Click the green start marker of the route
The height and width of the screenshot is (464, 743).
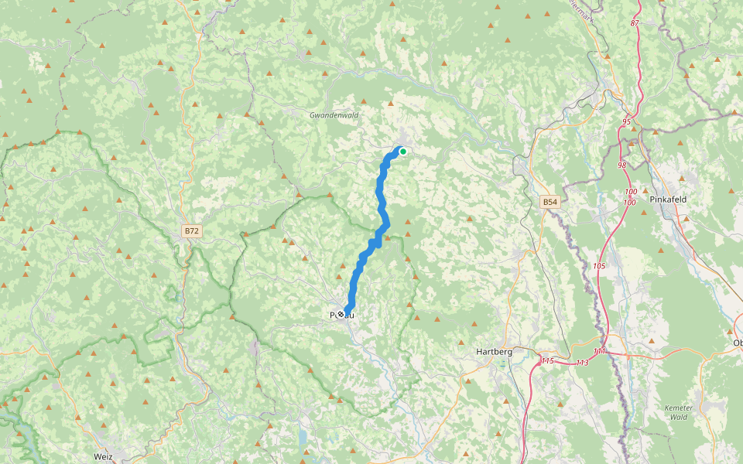click(402, 152)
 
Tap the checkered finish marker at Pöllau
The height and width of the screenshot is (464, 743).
click(341, 315)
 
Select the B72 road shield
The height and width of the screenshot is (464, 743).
click(191, 231)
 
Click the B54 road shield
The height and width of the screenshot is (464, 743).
click(550, 202)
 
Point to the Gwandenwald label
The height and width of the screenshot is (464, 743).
click(334, 114)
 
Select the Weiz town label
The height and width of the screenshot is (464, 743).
click(103, 456)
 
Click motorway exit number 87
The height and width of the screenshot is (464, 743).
click(635, 23)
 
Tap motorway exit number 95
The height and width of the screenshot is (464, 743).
click(626, 122)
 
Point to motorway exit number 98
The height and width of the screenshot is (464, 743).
click(622, 165)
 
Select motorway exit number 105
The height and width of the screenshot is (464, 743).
click(599, 266)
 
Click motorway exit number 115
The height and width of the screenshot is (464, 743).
click(548, 361)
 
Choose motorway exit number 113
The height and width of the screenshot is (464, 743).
click(583, 362)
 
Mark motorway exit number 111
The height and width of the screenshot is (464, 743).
click(600, 352)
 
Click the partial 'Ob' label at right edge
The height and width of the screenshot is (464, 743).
click(737, 343)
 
